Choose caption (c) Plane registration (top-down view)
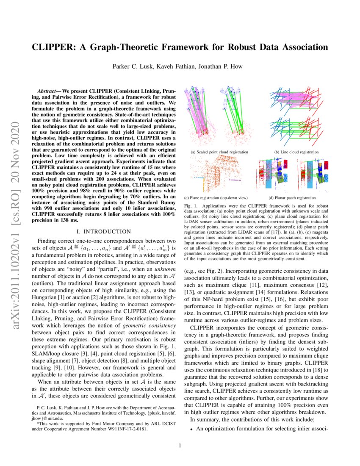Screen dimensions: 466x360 click(216, 198)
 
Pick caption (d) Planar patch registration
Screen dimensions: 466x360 click(292, 198)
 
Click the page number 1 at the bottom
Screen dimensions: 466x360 click(180, 445)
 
